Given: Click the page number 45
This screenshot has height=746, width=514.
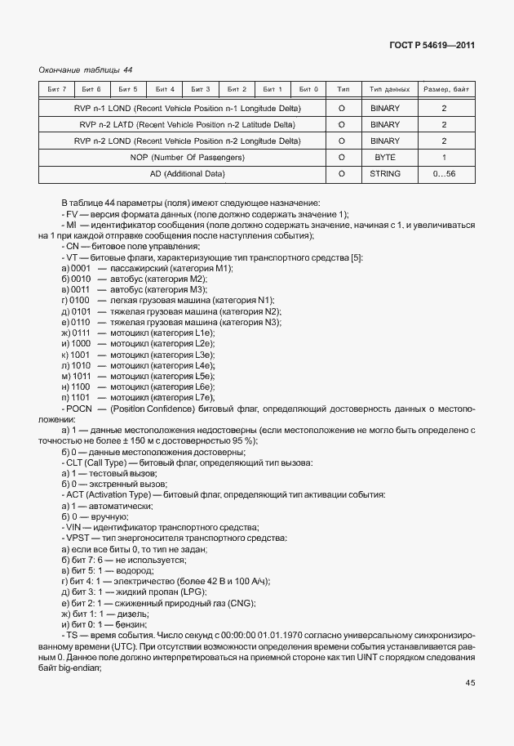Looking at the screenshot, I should (470, 683).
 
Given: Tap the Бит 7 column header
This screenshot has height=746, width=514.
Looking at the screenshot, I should (57, 89).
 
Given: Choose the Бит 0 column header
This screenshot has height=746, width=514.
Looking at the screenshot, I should (308, 89).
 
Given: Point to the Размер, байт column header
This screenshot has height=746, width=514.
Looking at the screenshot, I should (444, 89).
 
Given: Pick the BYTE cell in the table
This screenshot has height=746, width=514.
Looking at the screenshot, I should (385, 157).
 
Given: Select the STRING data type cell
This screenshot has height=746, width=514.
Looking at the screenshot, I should (385, 173).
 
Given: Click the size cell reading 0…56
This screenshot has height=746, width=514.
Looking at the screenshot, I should (444, 173).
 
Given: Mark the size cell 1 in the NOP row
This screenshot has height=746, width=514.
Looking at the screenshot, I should (444, 157).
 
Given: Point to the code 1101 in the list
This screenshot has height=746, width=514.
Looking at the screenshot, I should (81, 396).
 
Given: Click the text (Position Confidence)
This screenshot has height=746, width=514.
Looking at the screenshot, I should (153, 407).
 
